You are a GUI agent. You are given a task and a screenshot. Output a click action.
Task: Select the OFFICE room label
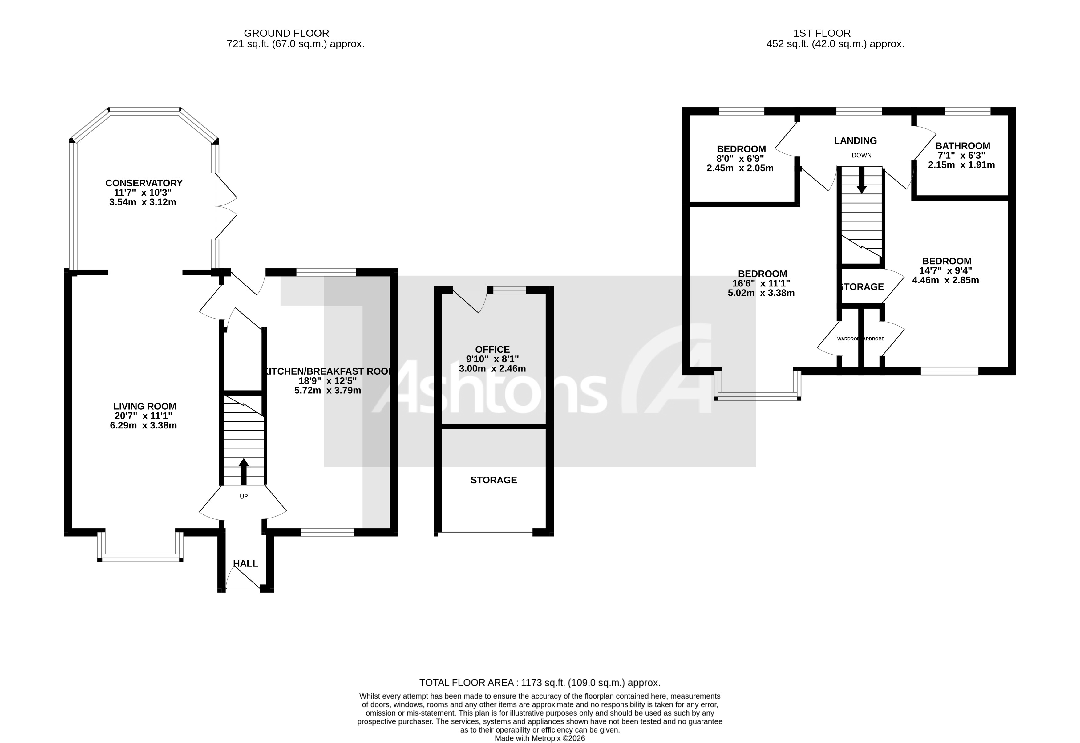pos(492,349)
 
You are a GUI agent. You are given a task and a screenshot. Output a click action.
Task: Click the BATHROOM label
pos(962,146)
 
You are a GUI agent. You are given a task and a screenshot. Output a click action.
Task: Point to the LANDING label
pos(855,140)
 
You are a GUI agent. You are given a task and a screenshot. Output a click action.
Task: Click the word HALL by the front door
pos(245,563)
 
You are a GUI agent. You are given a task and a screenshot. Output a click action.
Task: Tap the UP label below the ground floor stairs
pos(243,496)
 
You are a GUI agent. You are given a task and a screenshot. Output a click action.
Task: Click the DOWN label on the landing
pos(861,155)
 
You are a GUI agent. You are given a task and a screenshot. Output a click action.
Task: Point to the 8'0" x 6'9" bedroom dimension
pos(741,159)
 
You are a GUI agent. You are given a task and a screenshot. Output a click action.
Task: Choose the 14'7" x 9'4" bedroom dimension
pos(945,270)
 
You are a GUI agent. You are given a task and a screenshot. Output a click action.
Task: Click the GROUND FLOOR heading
pos(286,33)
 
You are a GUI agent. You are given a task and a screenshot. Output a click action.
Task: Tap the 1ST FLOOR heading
pos(822,33)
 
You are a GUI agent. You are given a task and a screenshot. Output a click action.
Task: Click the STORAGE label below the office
pos(493,480)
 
